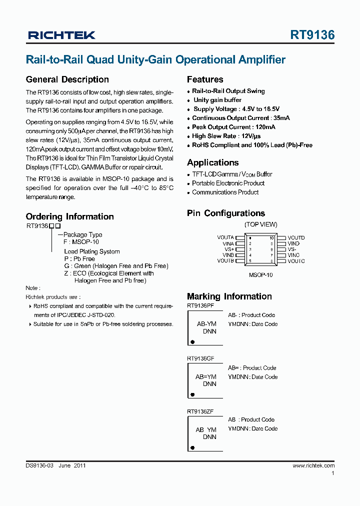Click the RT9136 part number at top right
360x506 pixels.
pyautogui.click(x=312, y=35)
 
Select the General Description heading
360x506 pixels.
pyautogui.click(x=67, y=79)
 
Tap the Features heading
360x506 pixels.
pyautogui.click(x=205, y=79)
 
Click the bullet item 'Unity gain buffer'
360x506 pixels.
pyautogui.click(x=217, y=100)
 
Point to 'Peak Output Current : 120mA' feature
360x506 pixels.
pyautogui.click(x=233, y=127)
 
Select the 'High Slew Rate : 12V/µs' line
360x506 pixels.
pyautogui.click(x=226, y=136)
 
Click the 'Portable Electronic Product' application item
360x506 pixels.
pyautogui.click(x=228, y=183)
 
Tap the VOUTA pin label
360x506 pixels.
pyautogui.click(x=225, y=237)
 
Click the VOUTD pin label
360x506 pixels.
pyautogui.click(x=296, y=237)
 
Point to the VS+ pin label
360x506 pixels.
pyautogui.click(x=229, y=249)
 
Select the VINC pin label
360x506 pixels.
pyautogui.click(x=293, y=255)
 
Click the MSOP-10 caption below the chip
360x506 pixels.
pyautogui.click(x=260, y=274)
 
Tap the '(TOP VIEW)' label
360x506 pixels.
pyautogui.click(x=260, y=224)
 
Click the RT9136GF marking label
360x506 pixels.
pyautogui.click(x=200, y=358)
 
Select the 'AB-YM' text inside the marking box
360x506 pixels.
pyautogui.click(x=206, y=324)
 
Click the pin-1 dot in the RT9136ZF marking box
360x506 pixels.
pyautogui.click(x=192, y=447)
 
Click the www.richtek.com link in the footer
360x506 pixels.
pyautogui.click(x=313, y=465)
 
